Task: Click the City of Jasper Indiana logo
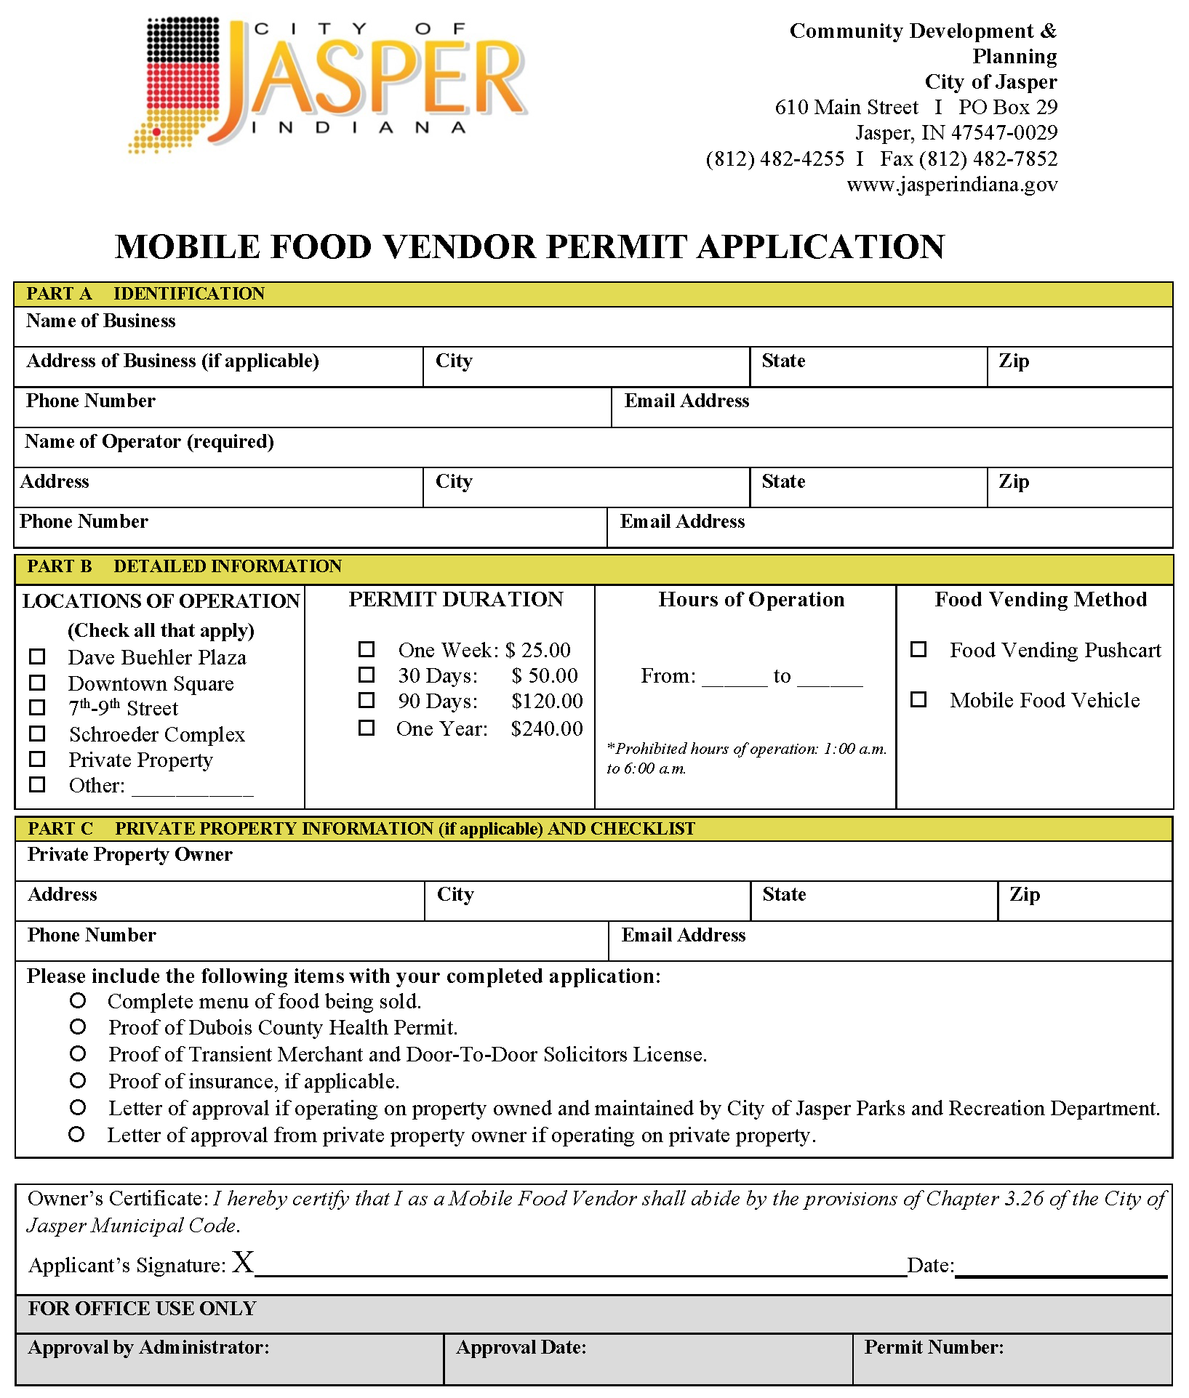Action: (x=327, y=84)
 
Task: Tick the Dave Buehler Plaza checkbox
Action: (x=37, y=657)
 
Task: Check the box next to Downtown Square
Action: (x=37, y=683)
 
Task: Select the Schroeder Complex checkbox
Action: (x=37, y=734)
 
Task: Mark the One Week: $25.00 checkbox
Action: (x=367, y=649)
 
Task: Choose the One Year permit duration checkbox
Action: (x=367, y=728)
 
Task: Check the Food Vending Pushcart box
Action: (x=919, y=649)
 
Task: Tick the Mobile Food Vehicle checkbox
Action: (x=919, y=699)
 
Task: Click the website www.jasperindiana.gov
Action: (x=952, y=185)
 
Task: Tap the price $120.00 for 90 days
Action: (x=547, y=702)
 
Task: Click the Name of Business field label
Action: (x=101, y=321)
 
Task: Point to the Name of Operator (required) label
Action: (x=149, y=442)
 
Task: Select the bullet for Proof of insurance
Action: (x=78, y=1081)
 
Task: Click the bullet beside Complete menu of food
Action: (x=78, y=1001)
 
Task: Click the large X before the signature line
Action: (x=243, y=1263)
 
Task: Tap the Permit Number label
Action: (x=934, y=1348)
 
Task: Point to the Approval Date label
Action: (x=521, y=1348)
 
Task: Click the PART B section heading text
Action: (x=184, y=566)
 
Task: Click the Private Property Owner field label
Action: (x=130, y=855)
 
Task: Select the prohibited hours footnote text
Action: (x=747, y=758)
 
